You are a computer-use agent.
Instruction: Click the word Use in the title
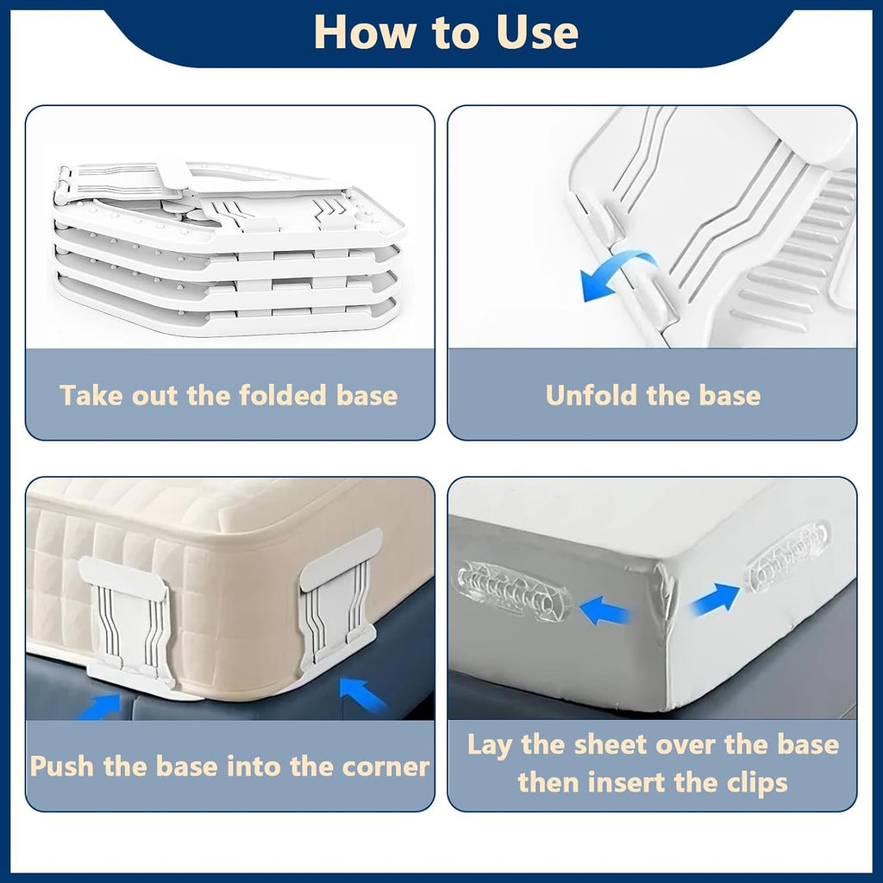(537, 32)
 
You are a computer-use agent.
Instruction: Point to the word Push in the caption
(62, 766)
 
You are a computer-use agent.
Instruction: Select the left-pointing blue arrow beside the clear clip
(604, 611)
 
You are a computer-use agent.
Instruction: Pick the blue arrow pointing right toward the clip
(714, 600)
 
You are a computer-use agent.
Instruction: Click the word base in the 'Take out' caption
(366, 395)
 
